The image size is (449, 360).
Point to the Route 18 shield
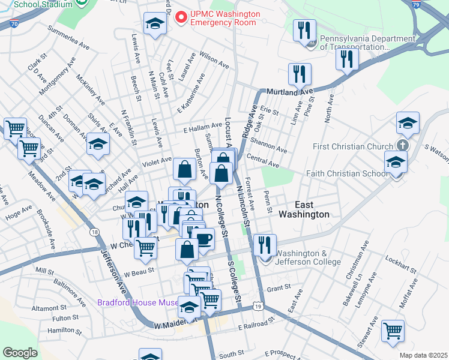tap(95, 232)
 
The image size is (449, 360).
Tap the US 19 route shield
tap(258, 307)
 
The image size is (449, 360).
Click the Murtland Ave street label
tap(291, 92)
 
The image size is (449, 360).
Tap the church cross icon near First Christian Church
tap(403, 146)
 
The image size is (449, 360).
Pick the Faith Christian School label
tap(345, 174)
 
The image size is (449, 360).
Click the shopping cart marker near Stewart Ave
tap(393, 330)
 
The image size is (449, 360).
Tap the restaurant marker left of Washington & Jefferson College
tap(264, 244)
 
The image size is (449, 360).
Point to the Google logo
tap(20, 353)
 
